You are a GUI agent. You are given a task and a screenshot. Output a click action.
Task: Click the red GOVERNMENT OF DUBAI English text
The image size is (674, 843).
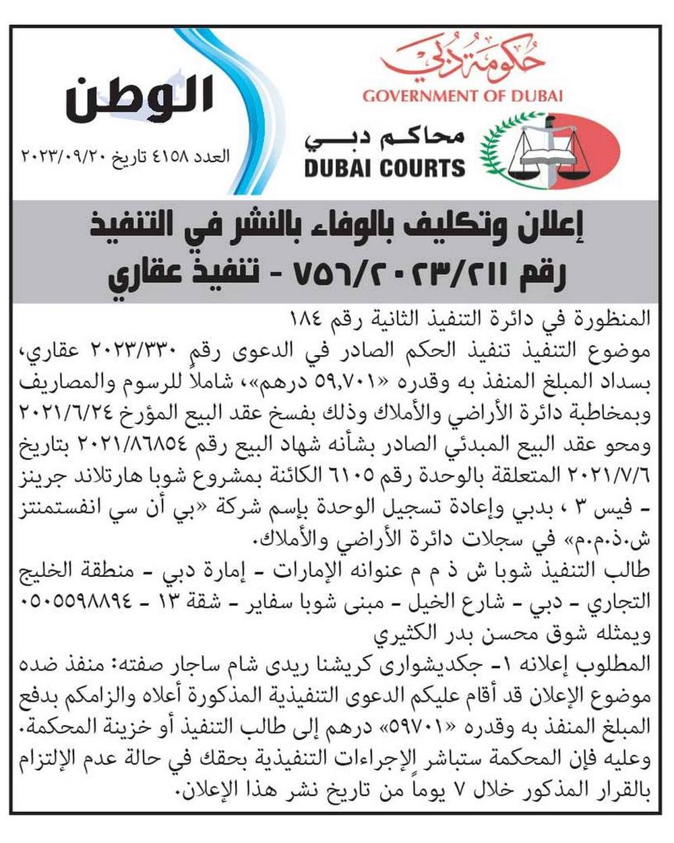tap(462, 96)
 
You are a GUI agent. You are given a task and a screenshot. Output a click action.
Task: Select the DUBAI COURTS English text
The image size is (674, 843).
tap(384, 167)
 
